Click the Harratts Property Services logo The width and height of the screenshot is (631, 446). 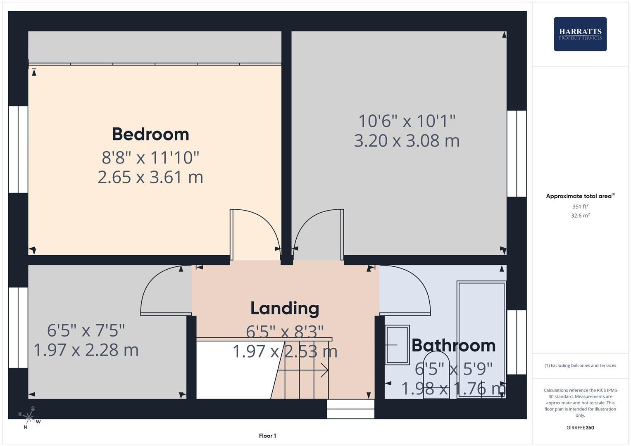tap(580, 34)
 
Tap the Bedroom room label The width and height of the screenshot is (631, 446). tap(150, 134)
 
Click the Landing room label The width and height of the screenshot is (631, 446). tap(285, 308)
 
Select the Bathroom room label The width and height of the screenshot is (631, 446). tap(453, 345)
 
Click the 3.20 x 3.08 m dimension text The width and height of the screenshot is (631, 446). tap(407, 141)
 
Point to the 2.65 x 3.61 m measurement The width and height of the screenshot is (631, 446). tap(150, 177)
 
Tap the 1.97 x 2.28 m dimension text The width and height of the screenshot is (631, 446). tap(86, 350)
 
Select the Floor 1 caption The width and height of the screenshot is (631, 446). tap(267, 436)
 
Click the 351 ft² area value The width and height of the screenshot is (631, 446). tap(580, 206)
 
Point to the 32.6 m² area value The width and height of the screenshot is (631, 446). tap(580, 216)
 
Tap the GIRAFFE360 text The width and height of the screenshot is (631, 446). tap(580, 427)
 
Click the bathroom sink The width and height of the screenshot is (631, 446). tap(397, 345)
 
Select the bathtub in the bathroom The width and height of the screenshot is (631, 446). tap(481, 339)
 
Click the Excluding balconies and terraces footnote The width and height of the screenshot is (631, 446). tap(580, 365)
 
